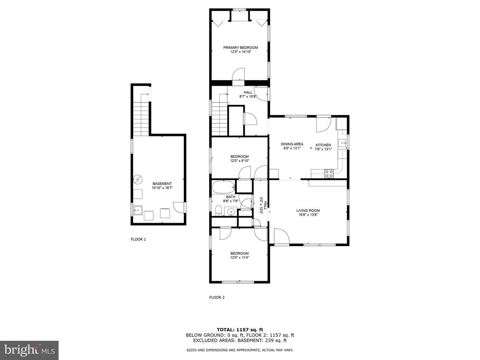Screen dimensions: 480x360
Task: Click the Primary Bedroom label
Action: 240,47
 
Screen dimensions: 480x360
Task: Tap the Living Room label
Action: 308,210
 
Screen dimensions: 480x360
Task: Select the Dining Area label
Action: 292,144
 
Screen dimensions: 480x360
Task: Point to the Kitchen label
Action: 323,145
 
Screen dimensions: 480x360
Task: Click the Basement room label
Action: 162,184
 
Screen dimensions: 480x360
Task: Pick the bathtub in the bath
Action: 223,187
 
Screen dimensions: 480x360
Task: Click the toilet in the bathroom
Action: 218,210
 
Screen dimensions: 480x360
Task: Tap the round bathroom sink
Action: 231,211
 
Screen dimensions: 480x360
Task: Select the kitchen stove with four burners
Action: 329,173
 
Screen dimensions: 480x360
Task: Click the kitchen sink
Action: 342,143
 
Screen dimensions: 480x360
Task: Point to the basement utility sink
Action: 138,210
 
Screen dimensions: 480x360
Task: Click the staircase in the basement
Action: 141,114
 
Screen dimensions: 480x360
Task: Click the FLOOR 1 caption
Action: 138,240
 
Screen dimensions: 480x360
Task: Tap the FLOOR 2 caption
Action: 217,297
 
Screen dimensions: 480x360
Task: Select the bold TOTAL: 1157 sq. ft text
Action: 240,330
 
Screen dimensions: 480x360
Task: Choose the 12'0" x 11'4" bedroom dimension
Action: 240,257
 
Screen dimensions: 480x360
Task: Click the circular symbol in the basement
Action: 138,179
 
